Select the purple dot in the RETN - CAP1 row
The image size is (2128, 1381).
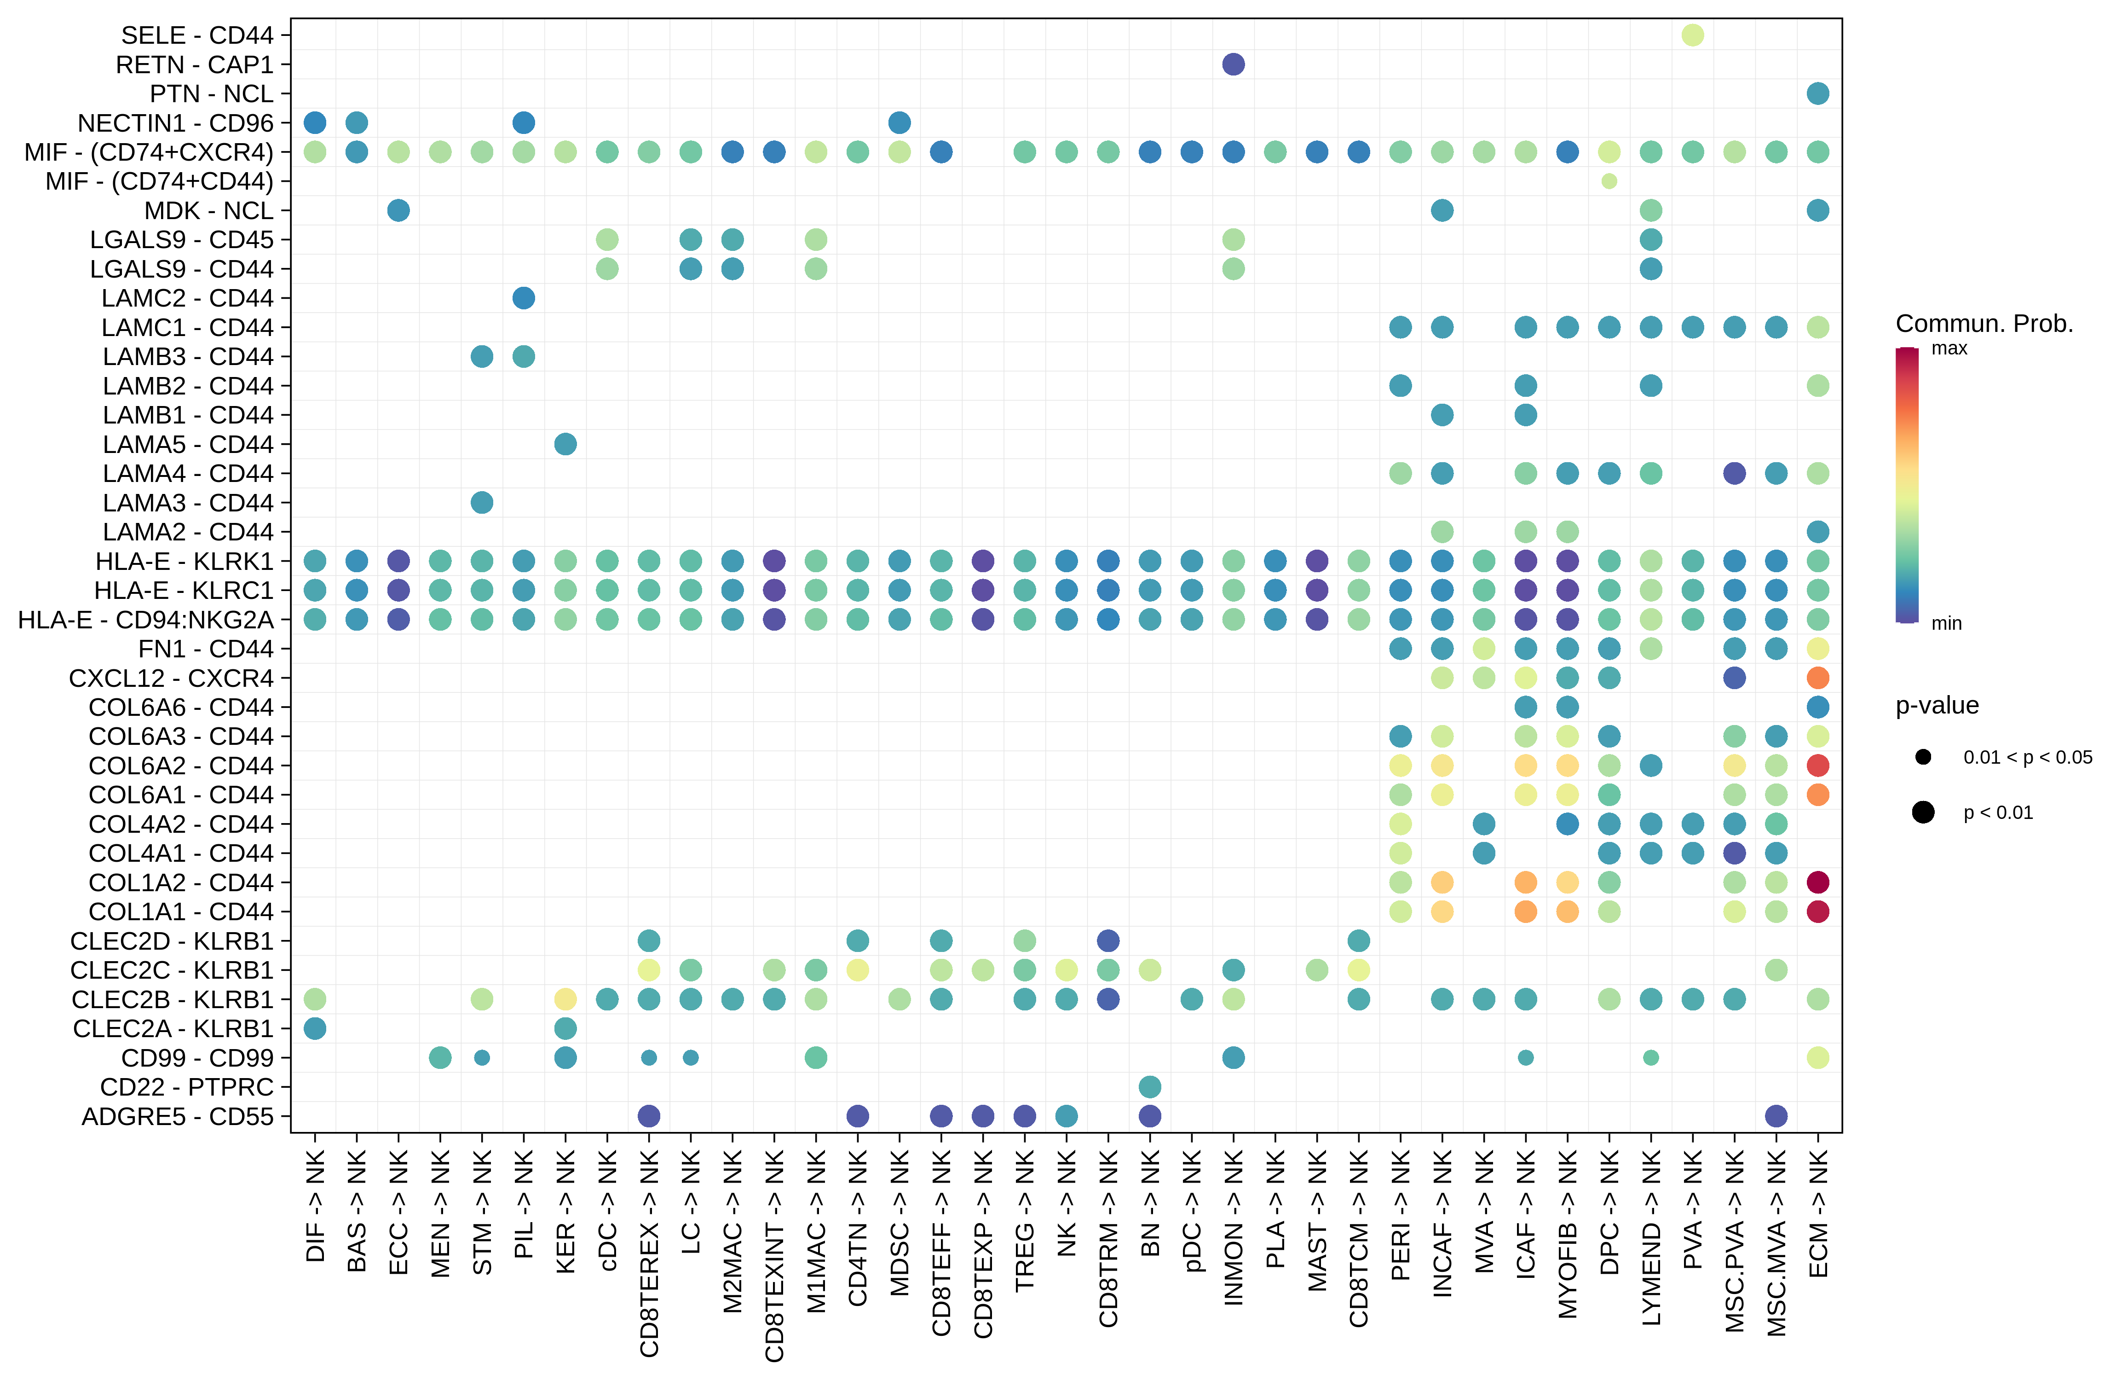[1233, 64]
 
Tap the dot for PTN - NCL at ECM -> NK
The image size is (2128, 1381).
[1818, 93]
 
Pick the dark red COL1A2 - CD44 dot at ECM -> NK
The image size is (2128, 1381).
[1818, 882]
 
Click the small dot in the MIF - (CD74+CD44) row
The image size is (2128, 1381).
[1609, 180]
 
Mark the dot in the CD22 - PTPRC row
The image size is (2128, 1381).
[1150, 1087]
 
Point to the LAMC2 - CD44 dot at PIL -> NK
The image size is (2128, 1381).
[524, 298]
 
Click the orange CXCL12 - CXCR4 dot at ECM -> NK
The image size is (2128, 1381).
[1818, 678]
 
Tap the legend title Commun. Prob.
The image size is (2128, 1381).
[1984, 324]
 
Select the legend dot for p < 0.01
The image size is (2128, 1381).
[1923, 812]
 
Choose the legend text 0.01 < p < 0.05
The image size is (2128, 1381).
[2028, 758]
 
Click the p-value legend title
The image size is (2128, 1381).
[1937, 706]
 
